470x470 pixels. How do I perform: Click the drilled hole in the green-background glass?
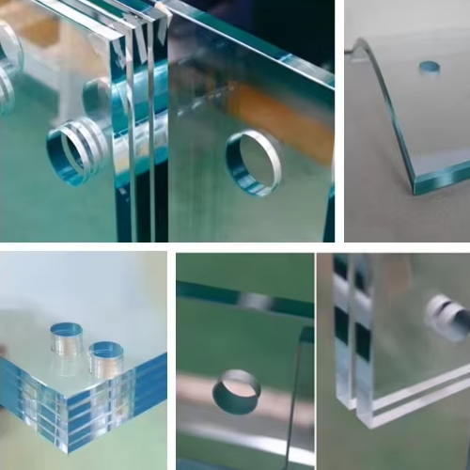pos(237,392)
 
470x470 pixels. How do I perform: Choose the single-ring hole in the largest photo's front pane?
pos(252,163)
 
